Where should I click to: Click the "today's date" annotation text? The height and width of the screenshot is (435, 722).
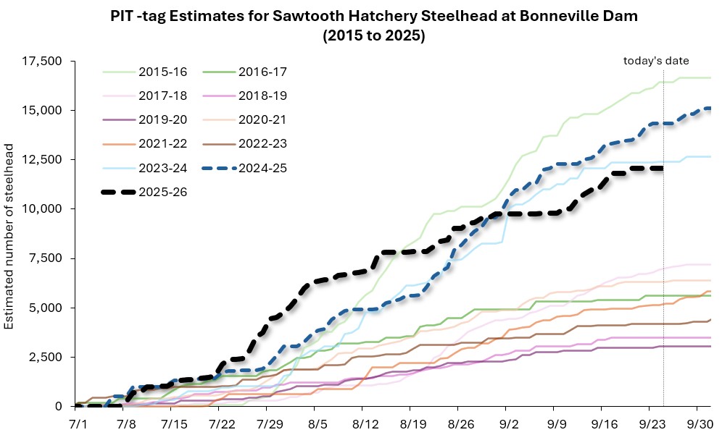pos(656,61)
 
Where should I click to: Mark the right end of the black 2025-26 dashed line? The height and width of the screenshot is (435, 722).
pos(663,168)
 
